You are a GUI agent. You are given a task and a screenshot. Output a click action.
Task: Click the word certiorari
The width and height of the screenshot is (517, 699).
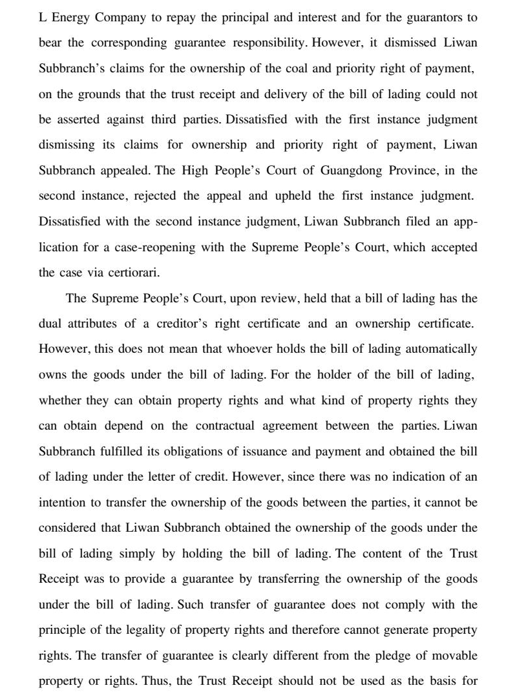[131, 273]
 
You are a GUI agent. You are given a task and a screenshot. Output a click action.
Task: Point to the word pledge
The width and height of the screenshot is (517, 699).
[364, 655]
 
